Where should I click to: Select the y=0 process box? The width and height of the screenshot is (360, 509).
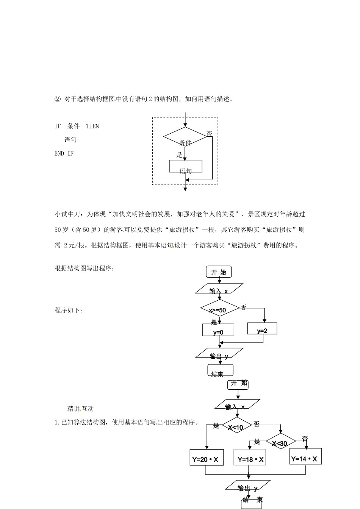tap(218, 330)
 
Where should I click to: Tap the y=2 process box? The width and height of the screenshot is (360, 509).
tap(262, 328)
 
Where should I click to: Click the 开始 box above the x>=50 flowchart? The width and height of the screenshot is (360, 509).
tap(219, 272)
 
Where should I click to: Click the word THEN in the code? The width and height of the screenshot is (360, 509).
tap(92, 126)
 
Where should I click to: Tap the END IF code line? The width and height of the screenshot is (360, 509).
tap(64, 153)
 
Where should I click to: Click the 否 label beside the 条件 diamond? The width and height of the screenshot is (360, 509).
tap(209, 134)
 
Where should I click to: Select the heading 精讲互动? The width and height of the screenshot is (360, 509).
tap(80, 409)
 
